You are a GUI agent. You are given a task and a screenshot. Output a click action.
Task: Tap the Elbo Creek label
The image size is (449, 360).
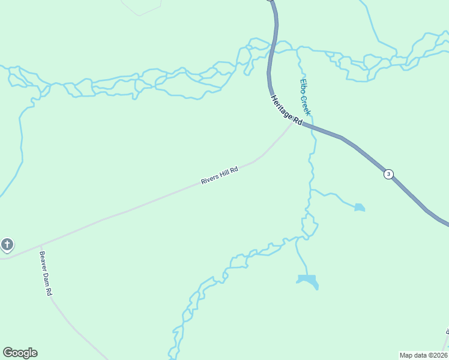click(306, 97)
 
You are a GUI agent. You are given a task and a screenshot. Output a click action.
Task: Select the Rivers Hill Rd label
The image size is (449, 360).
click(220, 175)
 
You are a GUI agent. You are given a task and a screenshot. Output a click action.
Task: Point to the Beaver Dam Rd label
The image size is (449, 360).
click(46, 274)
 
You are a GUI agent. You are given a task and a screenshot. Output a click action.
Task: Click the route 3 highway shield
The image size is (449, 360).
click(389, 174)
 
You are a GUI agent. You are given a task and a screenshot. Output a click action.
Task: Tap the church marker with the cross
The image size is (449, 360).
click(7, 244)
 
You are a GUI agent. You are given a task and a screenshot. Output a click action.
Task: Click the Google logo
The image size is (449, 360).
click(20, 353)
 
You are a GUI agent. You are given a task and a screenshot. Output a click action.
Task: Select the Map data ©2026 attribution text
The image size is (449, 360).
click(424, 355)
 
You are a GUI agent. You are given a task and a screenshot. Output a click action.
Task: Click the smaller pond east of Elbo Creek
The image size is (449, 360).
click(359, 208)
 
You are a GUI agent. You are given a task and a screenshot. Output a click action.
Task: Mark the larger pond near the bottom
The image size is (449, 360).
click(307, 280)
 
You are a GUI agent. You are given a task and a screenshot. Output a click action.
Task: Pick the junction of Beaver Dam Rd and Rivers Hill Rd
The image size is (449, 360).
click(40, 245)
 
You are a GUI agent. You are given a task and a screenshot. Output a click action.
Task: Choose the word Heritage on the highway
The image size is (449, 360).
click(282, 106)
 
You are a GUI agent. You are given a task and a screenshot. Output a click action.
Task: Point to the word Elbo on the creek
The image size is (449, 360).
click(303, 86)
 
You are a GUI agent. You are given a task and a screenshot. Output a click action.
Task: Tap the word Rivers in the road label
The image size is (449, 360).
click(209, 179)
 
